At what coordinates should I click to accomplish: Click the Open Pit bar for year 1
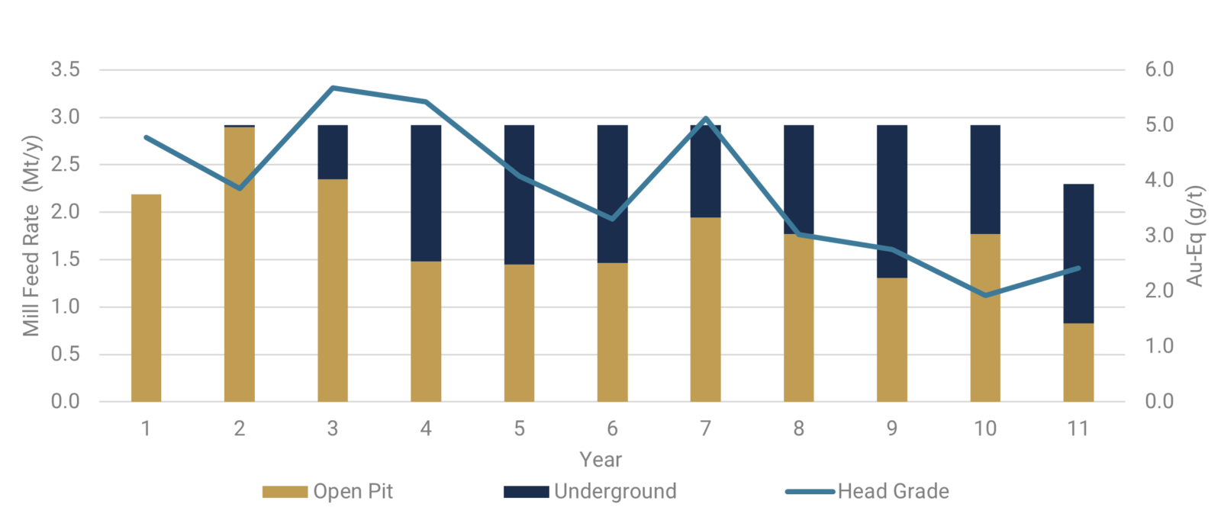[146, 298]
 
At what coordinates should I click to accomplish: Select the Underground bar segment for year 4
[426, 193]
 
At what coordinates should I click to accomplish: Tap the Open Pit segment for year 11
[1078, 362]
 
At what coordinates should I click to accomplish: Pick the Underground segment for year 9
[892, 201]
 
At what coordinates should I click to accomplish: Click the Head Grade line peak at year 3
[333, 88]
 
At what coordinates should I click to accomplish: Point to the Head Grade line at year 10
[985, 295]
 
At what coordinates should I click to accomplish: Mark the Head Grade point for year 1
[146, 137]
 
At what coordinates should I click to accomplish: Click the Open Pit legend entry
[328, 492]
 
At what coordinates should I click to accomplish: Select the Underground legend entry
[590, 492]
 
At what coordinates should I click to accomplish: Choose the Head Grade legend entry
[868, 492]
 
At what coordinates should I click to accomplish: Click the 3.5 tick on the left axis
[65, 70]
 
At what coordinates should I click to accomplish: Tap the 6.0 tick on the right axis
[1159, 70]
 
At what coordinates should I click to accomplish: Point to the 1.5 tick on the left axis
[65, 259]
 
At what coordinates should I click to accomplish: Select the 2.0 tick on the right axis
[1159, 291]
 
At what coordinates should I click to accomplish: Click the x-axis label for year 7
[705, 429]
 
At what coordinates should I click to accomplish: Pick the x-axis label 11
[1078, 429]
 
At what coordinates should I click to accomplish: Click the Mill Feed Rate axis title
[31, 236]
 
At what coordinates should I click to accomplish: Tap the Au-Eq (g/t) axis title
[1195, 236]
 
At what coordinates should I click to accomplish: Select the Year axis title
[601, 460]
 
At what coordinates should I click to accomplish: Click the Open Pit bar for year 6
[612, 332]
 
